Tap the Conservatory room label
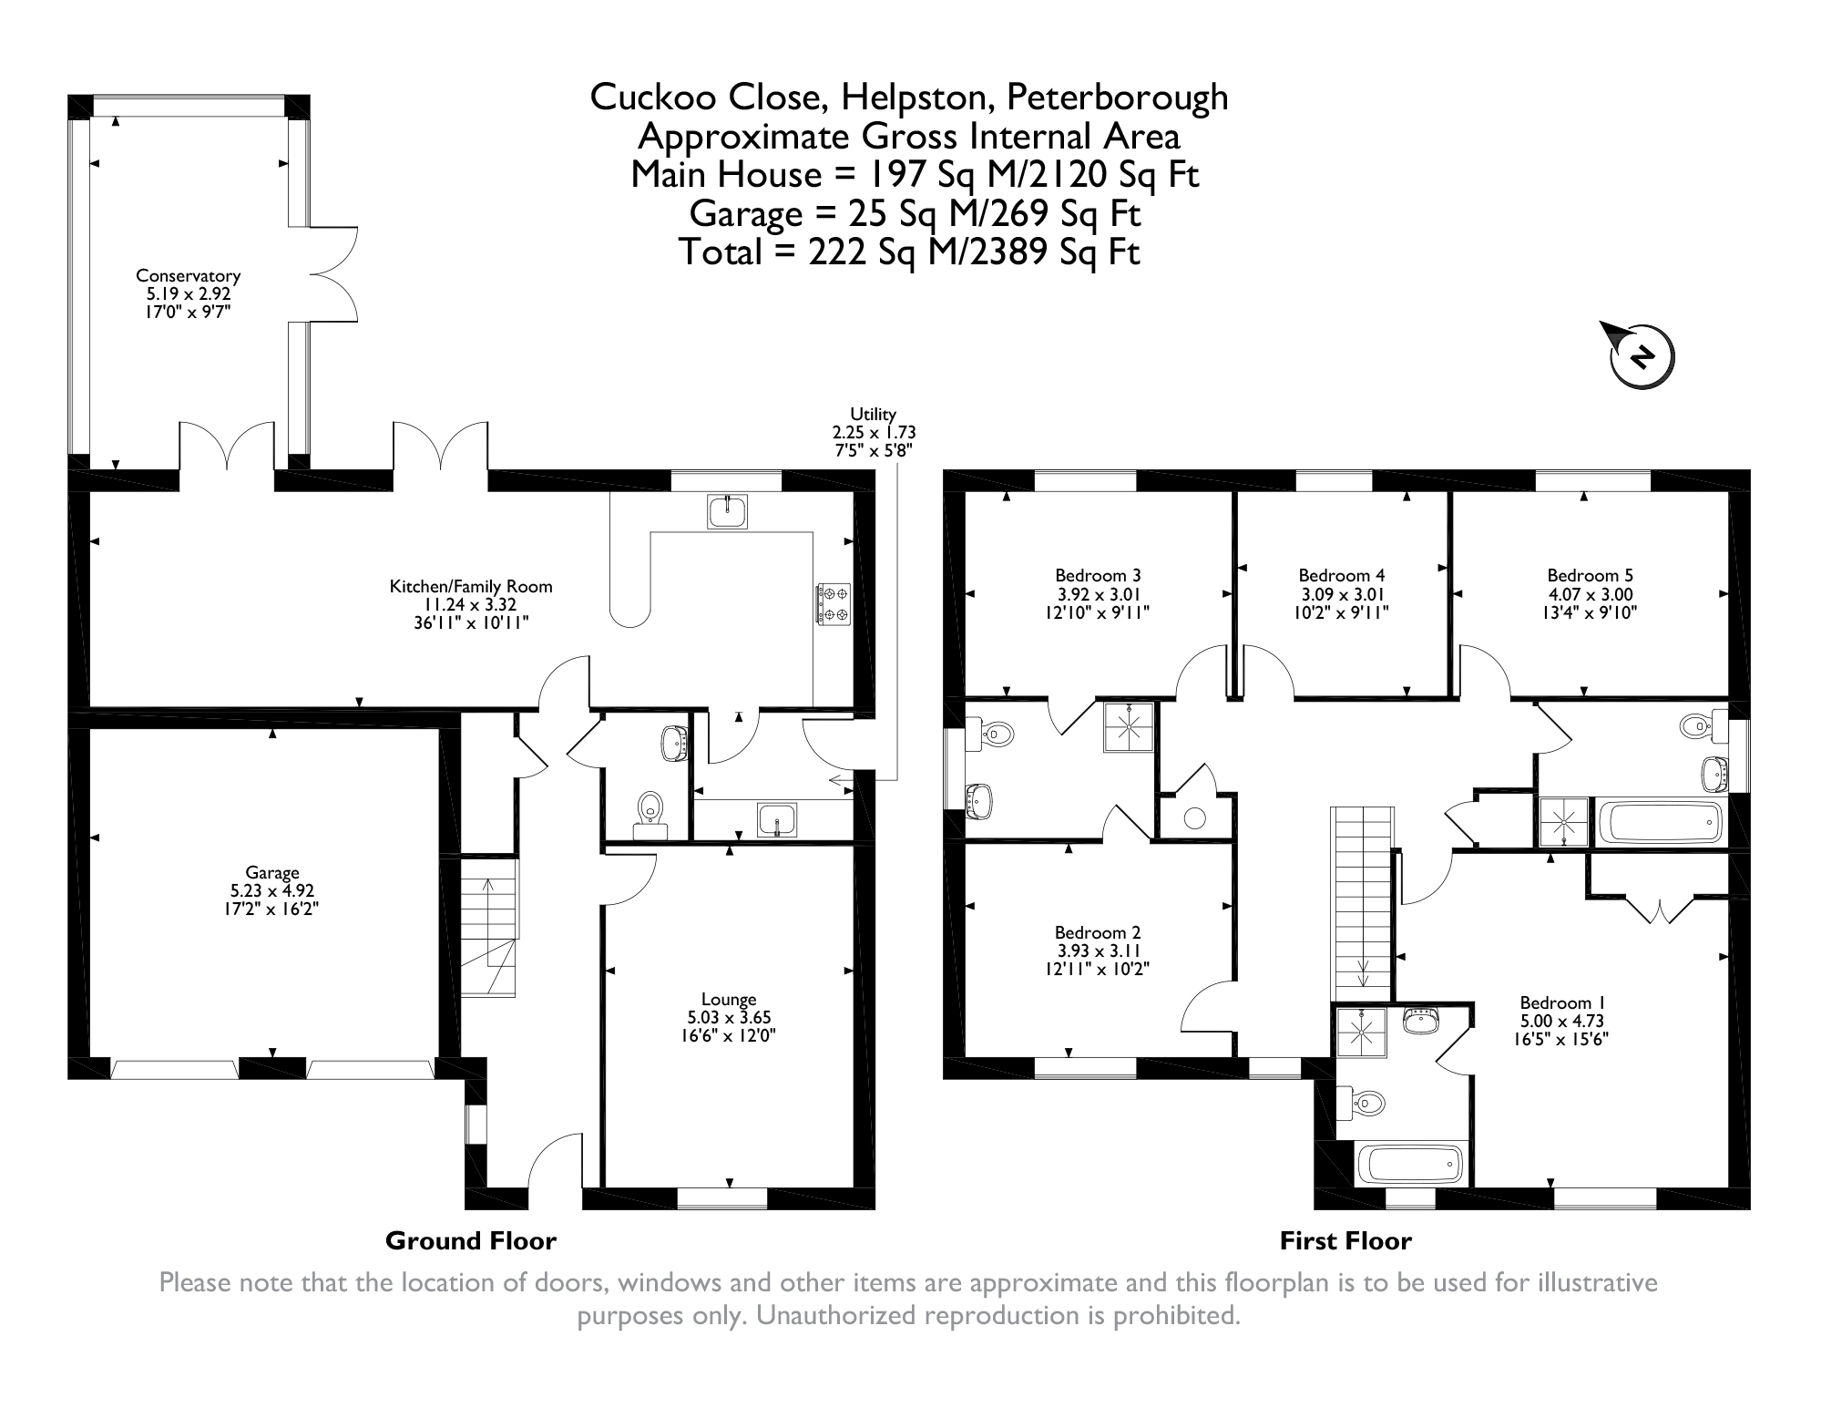point(188,275)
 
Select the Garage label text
point(271,873)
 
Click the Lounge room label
point(729,1000)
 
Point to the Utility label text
point(873,415)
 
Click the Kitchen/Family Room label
point(471,587)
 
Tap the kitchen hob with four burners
point(833,604)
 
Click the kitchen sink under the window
point(727,511)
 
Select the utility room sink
point(777,819)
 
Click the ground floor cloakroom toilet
point(649,814)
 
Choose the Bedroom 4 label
point(1341,575)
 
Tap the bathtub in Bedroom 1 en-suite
point(1410,1164)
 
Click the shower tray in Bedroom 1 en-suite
point(1361,1033)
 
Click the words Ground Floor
point(470,1240)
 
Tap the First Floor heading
point(1345,1240)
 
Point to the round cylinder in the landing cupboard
point(1194,817)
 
